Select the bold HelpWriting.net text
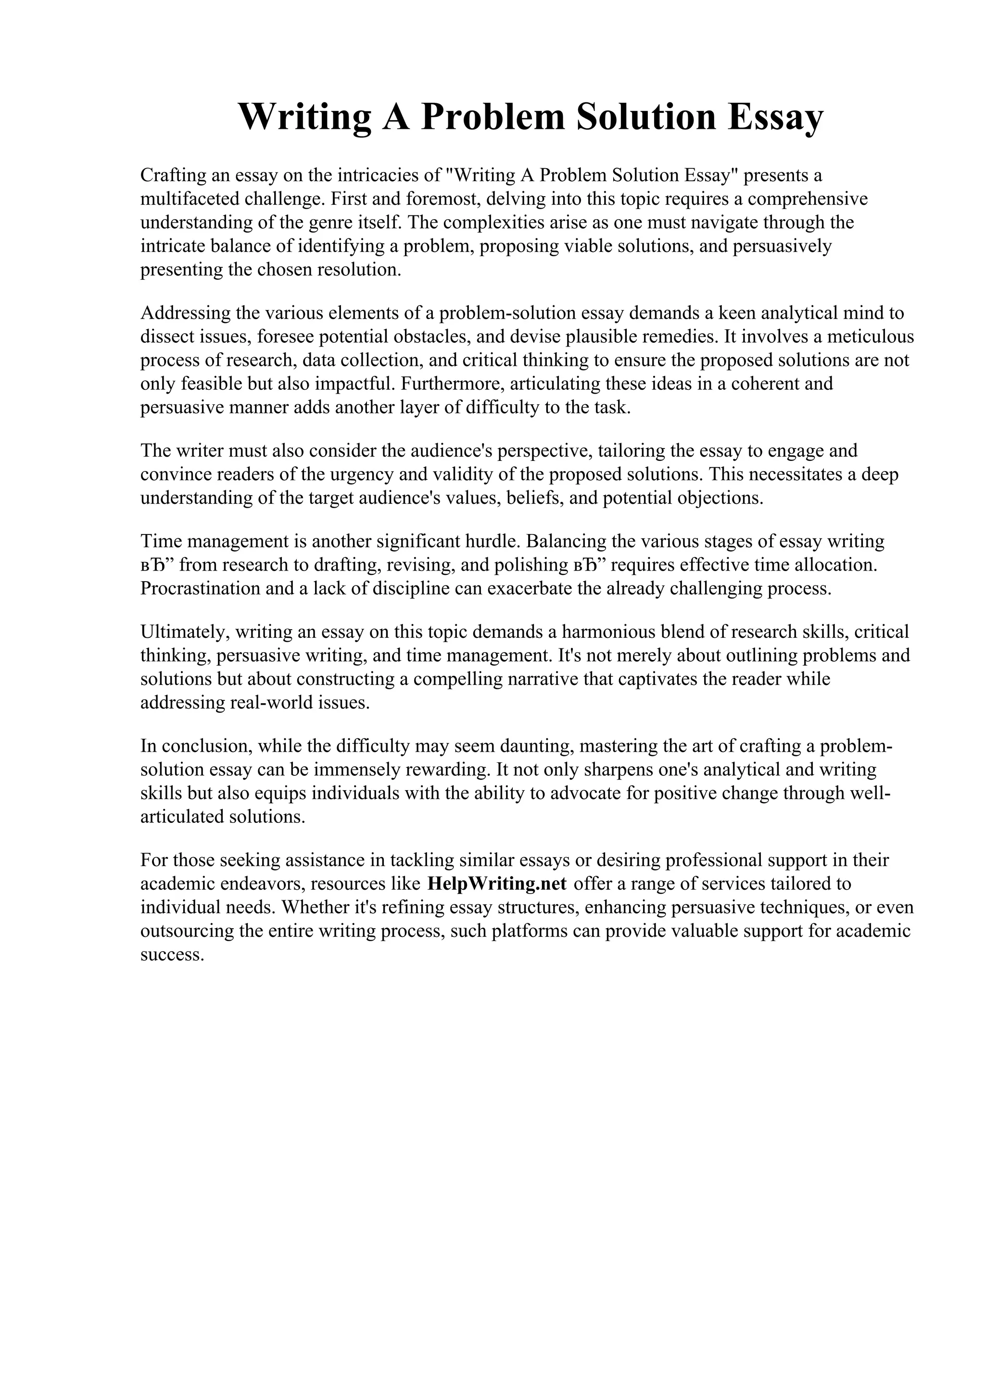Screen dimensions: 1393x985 tap(496, 883)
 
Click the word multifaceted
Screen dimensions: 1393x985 tap(189, 199)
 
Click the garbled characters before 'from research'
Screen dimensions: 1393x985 tap(157, 565)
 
